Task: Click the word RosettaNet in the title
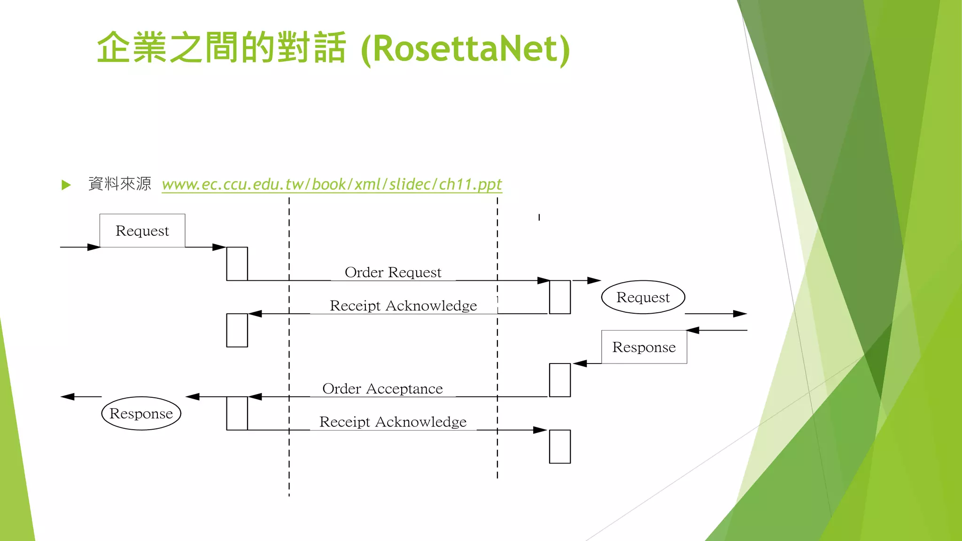pyautogui.click(x=465, y=49)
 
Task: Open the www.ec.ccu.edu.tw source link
pyautogui.click(x=332, y=184)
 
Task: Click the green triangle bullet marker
pyautogui.click(x=66, y=185)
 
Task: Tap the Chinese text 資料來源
pyautogui.click(x=120, y=184)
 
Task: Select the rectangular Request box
pyautogui.click(x=142, y=231)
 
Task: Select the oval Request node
pyautogui.click(x=643, y=297)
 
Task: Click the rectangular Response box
pyautogui.click(x=644, y=347)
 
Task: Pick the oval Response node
pyautogui.click(x=141, y=413)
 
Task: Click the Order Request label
pyautogui.click(x=393, y=272)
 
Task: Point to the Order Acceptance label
pyautogui.click(x=382, y=389)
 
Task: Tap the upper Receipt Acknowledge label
pyautogui.click(x=403, y=306)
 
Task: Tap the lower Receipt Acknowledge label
pyautogui.click(x=393, y=422)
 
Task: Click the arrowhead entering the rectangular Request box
pyautogui.click(x=93, y=247)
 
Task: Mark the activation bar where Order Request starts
pyautogui.click(x=237, y=264)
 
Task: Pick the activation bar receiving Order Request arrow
pyautogui.click(x=559, y=297)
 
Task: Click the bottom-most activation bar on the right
pyautogui.click(x=559, y=447)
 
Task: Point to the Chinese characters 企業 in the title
pyautogui.click(x=132, y=48)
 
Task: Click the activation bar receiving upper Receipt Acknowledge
pyautogui.click(x=237, y=330)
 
